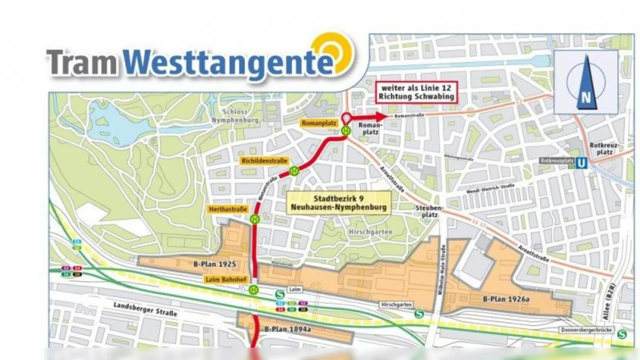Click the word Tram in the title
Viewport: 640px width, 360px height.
click(82, 62)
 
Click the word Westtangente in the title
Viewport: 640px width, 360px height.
click(228, 63)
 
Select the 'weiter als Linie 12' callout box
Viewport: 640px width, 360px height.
click(416, 92)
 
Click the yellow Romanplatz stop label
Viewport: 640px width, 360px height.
click(319, 123)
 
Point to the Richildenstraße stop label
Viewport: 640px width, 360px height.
click(264, 161)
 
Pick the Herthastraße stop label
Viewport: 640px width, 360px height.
click(228, 209)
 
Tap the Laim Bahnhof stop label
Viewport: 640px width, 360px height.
click(226, 280)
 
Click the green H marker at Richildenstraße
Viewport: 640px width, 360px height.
click(294, 171)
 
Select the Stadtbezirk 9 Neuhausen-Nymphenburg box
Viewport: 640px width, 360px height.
click(339, 203)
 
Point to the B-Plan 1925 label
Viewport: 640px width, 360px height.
click(215, 264)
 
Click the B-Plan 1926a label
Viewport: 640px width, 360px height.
click(506, 299)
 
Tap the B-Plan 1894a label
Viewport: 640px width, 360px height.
click(288, 329)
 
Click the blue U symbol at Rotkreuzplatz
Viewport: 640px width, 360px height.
click(582, 163)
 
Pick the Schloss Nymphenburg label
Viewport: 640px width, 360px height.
click(235, 116)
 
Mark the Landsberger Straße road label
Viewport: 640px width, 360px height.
click(145, 309)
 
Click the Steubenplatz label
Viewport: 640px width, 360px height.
click(430, 211)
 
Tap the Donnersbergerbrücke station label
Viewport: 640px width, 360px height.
click(586, 330)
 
